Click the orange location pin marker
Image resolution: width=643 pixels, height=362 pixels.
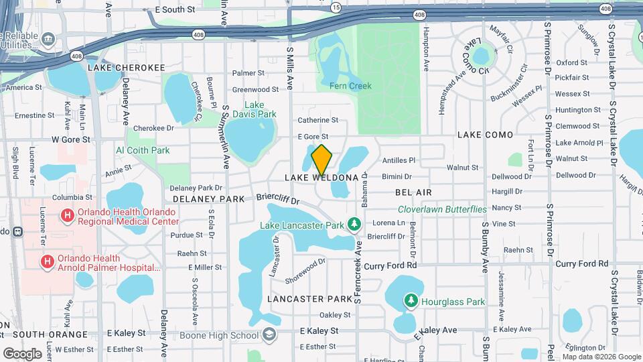pyautogui.click(x=321, y=160)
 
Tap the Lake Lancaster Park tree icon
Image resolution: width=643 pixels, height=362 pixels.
pyautogui.click(x=356, y=223)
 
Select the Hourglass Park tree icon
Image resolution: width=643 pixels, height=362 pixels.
pyautogui.click(x=410, y=302)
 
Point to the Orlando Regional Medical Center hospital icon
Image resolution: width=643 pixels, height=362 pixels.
pyautogui.click(x=67, y=216)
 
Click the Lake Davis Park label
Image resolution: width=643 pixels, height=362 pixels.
pyautogui.click(x=261, y=109)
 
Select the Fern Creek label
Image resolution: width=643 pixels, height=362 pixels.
pyautogui.click(x=350, y=86)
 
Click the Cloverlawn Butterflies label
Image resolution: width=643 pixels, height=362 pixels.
pyautogui.click(x=442, y=209)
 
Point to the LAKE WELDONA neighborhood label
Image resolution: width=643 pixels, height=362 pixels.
pyautogui.click(x=321, y=178)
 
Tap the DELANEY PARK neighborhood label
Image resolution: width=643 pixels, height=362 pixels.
pyautogui.click(x=209, y=199)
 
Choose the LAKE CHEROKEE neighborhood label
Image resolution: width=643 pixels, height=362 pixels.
pyautogui.click(x=127, y=68)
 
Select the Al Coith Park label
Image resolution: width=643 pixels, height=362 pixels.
pyautogui.click(x=143, y=151)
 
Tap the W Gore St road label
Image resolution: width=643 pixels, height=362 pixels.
pyautogui.click(x=70, y=139)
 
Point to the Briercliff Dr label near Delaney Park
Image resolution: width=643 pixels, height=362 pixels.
pyautogui.click(x=277, y=200)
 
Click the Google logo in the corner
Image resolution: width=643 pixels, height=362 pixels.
pyautogui.click(x=23, y=353)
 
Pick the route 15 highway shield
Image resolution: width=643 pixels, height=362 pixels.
pyautogui.click(x=336, y=6)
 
